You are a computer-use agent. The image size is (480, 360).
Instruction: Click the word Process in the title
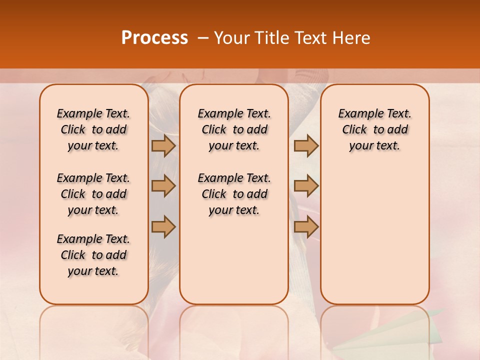(154, 38)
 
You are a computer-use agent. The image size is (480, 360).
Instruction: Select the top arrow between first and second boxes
(163, 145)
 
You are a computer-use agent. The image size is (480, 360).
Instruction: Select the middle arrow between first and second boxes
(163, 186)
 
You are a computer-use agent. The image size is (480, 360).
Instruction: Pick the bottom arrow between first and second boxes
(163, 226)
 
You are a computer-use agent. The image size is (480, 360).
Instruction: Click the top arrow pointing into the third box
(306, 145)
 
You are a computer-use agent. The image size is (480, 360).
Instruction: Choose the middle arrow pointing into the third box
(306, 186)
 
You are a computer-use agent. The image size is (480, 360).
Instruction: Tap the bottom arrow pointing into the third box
(306, 226)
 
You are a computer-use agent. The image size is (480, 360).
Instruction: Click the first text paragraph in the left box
(93, 129)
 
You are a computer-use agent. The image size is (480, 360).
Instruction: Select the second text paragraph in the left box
(93, 194)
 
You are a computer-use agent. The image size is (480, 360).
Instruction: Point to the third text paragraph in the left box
(93, 255)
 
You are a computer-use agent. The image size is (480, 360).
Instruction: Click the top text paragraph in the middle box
(234, 129)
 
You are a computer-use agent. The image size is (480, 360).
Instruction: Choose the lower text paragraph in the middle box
(234, 194)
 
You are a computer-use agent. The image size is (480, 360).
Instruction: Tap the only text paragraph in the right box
(374, 129)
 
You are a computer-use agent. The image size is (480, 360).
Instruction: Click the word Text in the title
(311, 38)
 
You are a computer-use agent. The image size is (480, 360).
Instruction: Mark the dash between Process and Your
(202, 38)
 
